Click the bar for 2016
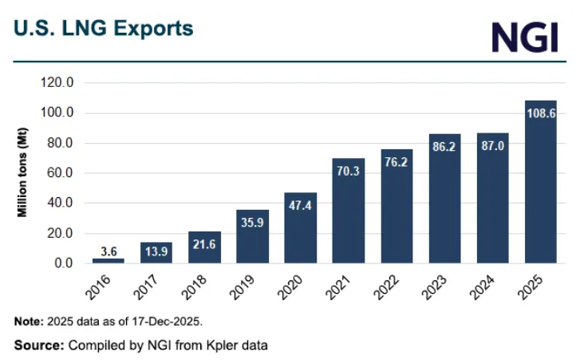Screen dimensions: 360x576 [x=108, y=260]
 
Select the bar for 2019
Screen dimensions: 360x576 [x=252, y=236]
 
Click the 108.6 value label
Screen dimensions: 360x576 [x=540, y=113]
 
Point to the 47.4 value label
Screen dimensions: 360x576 [x=300, y=205]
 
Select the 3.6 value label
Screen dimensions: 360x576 [x=108, y=251]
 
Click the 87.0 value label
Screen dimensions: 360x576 [x=492, y=145]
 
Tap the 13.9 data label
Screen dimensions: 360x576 [x=156, y=251]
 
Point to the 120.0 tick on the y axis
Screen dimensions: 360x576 [x=57, y=82]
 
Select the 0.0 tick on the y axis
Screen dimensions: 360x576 [x=63, y=263]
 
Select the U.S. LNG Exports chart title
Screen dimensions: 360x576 [x=103, y=29]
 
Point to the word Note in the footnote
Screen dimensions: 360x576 [x=29, y=322]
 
